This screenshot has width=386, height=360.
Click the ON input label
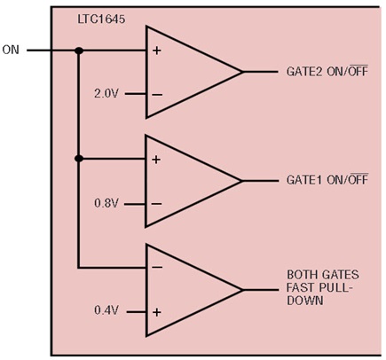click(x=11, y=50)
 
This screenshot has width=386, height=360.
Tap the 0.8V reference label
click(x=106, y=203)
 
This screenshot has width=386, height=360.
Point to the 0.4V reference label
click(x=106, y=311)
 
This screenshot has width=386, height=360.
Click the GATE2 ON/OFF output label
click(x=327, y=71)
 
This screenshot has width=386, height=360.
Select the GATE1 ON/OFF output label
click(x=327, y=180)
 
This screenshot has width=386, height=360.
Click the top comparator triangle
click(x=186, y=72)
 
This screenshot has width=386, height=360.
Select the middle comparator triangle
click(x=186, y=181)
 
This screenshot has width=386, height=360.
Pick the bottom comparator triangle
click(x=186, y=289)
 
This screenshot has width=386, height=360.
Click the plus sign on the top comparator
click(x=157, y=51)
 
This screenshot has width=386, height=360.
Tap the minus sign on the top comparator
click(x=157, y=94)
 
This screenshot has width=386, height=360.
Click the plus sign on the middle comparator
click(x=157, y=160)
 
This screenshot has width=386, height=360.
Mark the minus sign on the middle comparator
click(x=157, y=203)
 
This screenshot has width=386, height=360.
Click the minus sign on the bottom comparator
click(x=157, y=268)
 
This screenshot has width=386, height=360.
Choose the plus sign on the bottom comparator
click(x=157, y=311)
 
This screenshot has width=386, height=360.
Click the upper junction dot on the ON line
click(x=79, y=51)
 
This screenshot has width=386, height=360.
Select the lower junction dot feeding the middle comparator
click(x=79, y=159)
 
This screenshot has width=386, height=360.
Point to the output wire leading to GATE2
click(x=260, y=72)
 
